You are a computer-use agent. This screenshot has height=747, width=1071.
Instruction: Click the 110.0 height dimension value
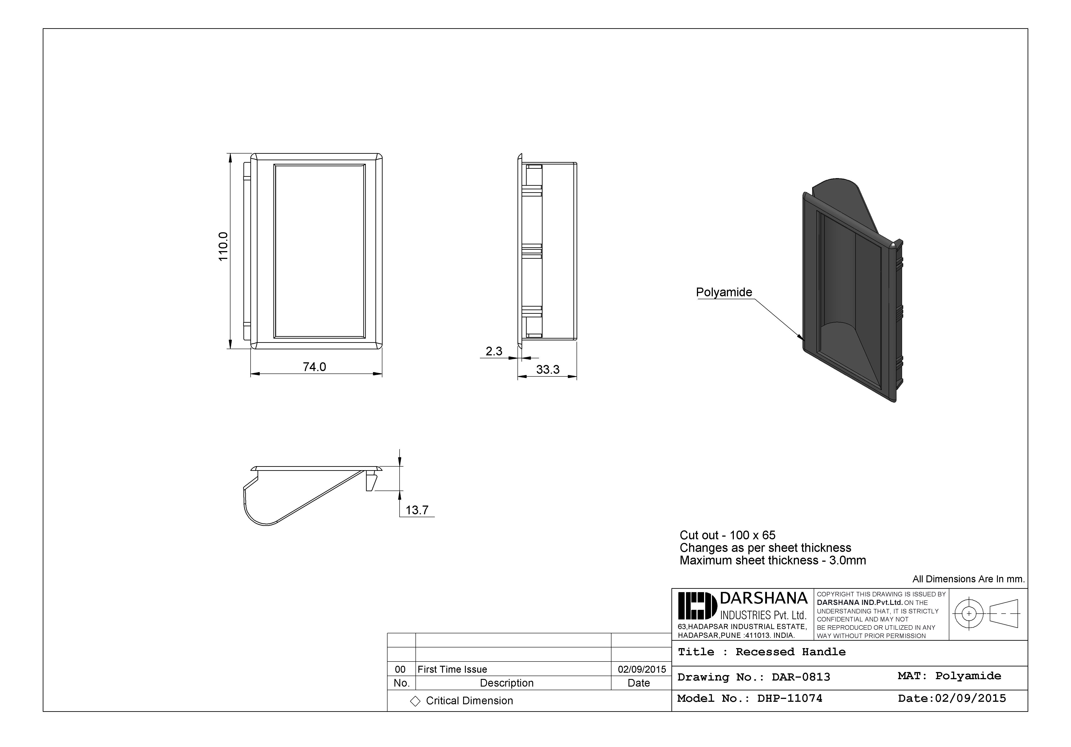pos(223,246)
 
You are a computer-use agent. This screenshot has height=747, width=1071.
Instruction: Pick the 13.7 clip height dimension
pos(417,510)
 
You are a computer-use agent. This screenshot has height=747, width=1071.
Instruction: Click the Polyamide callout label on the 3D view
pos(724,292)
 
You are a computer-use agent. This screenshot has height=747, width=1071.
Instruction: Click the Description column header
pos(507,683)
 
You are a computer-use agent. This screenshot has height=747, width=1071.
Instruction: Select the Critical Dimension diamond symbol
pos(415,701)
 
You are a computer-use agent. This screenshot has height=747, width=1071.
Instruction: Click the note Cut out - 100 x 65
pos(727,535)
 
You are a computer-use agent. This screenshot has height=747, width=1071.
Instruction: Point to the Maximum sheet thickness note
pos(773,560)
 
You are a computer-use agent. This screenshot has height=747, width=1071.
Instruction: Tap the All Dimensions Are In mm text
pos(968,579)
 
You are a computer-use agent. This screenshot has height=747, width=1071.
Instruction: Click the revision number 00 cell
pos(400,669)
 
